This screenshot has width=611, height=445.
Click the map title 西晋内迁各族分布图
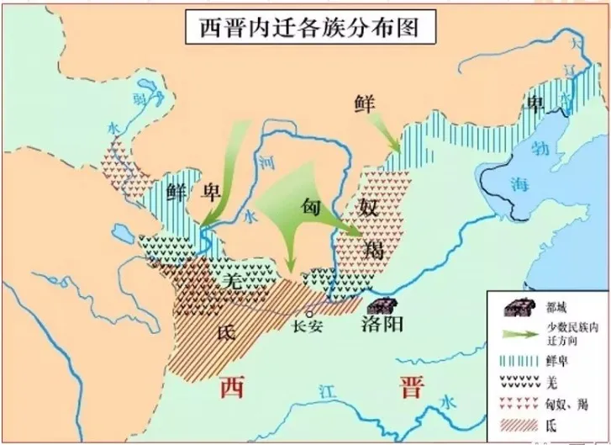pos(308,25)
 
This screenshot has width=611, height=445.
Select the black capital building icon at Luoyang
pos(383,305)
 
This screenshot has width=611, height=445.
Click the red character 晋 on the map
pos(412,388)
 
